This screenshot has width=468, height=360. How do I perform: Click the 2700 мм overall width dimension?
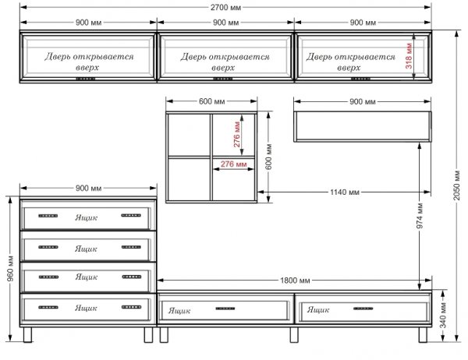tap(225, 7)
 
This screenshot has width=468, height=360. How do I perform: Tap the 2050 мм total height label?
tap(456, 185)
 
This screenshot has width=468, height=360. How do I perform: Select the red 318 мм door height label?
tap(409, 56)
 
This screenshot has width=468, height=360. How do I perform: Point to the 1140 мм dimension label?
tap(345, 192)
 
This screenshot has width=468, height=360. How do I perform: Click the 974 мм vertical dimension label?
tap(420, 216)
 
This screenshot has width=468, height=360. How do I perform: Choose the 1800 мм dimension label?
tap(295, 281)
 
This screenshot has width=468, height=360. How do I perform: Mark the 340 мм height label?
tap(443, 316)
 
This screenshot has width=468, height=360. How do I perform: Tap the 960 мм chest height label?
tap(10, 268)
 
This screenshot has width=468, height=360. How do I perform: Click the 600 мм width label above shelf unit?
tap(211, 101)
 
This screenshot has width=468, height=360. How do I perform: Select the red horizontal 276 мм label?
tap(234, 164)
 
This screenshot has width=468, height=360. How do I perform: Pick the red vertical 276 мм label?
tap(236, 134)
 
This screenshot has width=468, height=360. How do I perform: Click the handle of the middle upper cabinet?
tap(222, 79)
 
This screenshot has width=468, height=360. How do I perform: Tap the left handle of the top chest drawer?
tap(48, 216)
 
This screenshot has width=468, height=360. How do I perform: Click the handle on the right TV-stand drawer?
tap(363, 309)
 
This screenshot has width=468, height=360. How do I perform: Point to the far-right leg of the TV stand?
tap(423, 335)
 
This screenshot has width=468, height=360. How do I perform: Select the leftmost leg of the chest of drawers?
tap(27, 335)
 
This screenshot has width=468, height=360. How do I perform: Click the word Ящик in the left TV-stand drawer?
tap(179, 311)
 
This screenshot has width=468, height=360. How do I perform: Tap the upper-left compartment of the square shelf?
tap(190, 135)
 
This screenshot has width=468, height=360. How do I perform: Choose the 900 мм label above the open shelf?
tap(363, 102)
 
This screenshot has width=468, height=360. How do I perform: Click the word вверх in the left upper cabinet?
tap(87, 68)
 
